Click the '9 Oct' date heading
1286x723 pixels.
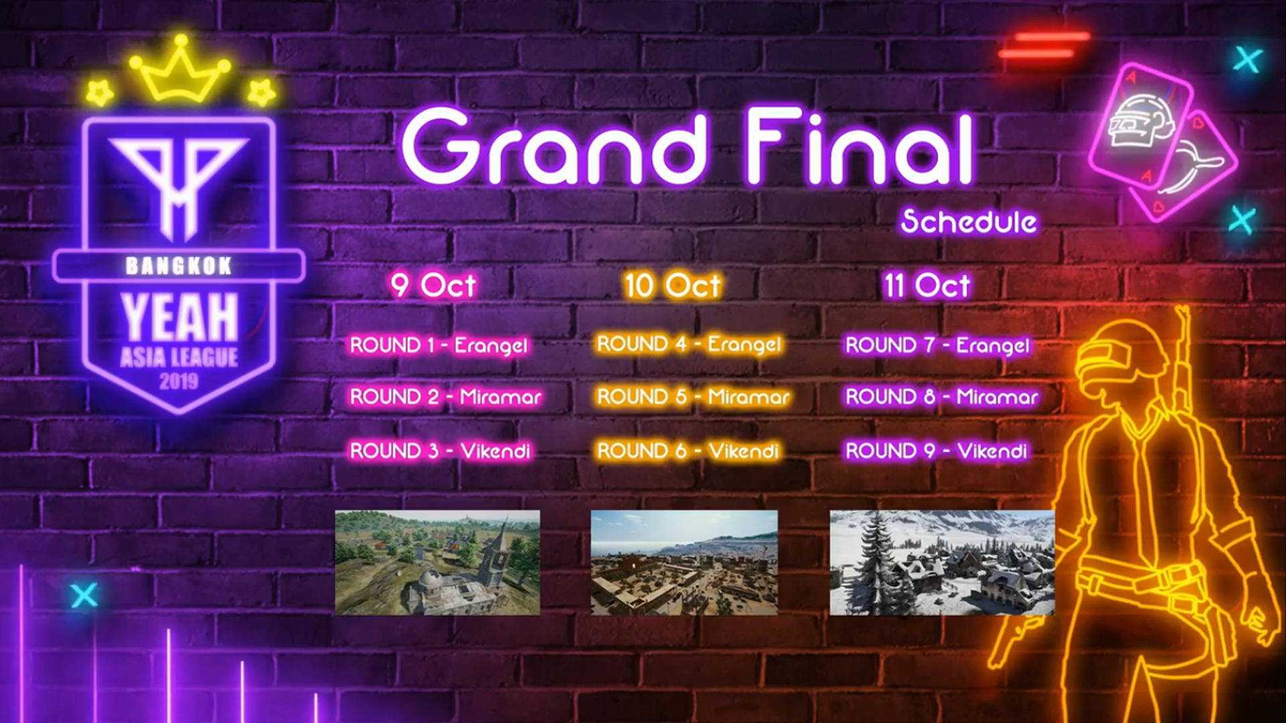coord(433,285)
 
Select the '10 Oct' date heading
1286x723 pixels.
coord(672,285)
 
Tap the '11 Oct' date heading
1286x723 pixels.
coord(927,285)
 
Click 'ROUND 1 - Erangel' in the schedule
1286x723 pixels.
coord(439,345)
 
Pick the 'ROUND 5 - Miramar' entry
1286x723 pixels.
coord(693,397)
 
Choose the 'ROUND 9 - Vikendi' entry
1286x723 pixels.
coord(936,451)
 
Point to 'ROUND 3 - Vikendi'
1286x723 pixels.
coord(440,451)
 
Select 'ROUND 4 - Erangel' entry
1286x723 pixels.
coord(689,344)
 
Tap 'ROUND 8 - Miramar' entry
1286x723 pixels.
coord(942,397)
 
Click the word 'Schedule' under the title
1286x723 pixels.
coord(969,222)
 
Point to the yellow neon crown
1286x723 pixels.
coord(180,68)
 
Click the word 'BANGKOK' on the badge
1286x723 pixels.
coord(179,266)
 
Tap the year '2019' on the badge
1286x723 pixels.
coord(179,382)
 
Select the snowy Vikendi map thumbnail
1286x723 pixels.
coord(942,562)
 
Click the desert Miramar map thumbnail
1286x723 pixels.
coord(684,562)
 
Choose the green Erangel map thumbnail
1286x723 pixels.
coord(437,562)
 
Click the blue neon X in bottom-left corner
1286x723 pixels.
coord(84,594)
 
